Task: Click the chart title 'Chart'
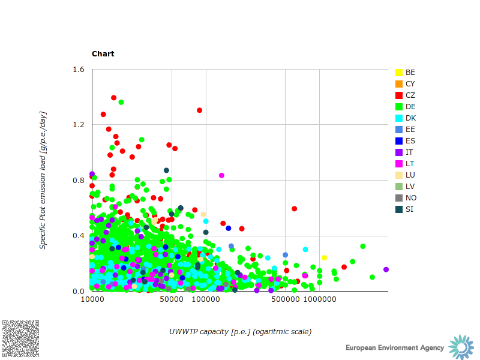point(103,54)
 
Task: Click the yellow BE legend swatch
point(399,73)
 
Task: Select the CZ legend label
point(410,95)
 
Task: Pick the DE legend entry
point(410,107)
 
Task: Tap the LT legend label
point(410,164)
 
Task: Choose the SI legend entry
point(409,209)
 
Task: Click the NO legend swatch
point(399,198)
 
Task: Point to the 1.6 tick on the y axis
point(79,70)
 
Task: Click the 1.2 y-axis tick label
point(79,125)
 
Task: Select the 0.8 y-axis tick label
point(79,181)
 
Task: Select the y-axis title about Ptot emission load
point(43,180)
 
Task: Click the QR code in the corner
point(21,339)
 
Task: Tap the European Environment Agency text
point(395,348)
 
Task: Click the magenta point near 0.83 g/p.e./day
point(221,175)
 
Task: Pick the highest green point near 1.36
point(121,102)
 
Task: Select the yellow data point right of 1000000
point(324,257)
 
